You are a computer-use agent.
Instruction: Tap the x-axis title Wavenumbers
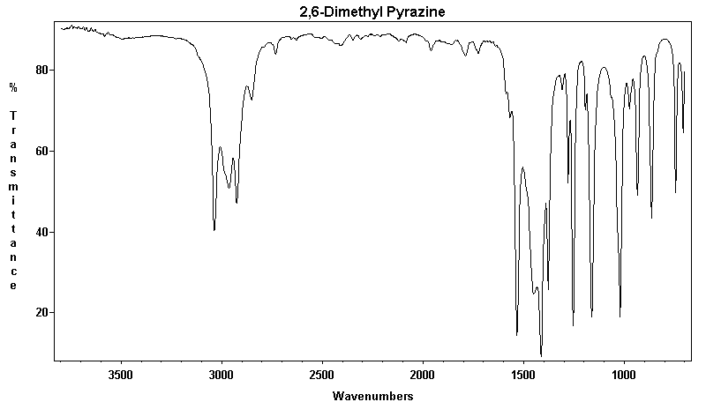pos(372,396)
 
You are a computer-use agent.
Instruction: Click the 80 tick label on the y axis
pos(40,71)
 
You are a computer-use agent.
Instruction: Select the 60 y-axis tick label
pos(40,152)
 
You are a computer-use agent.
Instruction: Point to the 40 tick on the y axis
pos(40,233)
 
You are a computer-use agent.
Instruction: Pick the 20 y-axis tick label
pos(40,313)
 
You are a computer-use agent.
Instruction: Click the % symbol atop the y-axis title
pos(13,87)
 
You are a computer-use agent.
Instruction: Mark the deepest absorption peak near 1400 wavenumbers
pos(541,355)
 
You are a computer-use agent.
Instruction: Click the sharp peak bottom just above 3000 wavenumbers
pos(214,230)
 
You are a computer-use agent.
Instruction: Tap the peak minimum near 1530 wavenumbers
pos(517,335)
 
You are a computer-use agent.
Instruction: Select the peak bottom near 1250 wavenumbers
pos(574,325)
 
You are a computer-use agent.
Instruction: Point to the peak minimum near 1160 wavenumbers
pos(591,316)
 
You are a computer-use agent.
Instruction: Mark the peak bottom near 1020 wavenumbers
pos(620,316)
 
